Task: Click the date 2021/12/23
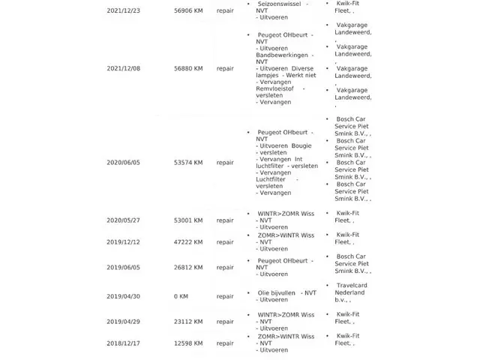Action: click(x=123, y=11)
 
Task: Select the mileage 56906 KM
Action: click(x=187, y=11)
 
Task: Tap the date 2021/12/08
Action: click(x=123, y=68)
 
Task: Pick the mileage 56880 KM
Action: click(x=187, y=68)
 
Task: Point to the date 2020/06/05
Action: click(x=123, y=162)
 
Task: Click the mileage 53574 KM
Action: click(x=187, y=162)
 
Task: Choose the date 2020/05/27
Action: click(x=123, y=220)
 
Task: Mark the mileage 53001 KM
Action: click(x=187, y=220)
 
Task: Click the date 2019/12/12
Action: click(x=123, y=242)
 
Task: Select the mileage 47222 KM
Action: click(x=187, y=242)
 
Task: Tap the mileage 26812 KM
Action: click(x=187, y=267)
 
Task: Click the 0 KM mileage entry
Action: click(x=181, y=296)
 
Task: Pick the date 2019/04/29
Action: click(x=123, y=321)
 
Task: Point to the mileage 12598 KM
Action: click(x=187, y=343)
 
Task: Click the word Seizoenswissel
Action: click(x=280, y=4)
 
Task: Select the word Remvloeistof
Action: click(x=274, y=88)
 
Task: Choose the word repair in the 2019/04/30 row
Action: click(x=225, y=296)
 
